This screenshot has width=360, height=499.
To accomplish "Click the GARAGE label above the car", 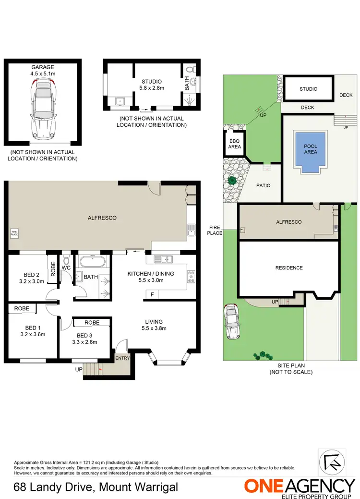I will click(43, 67).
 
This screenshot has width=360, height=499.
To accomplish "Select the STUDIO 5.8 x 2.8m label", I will click(152, 85).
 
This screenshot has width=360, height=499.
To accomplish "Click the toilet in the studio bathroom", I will click(192, 71).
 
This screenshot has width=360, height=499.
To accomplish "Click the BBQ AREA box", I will click(234, 143).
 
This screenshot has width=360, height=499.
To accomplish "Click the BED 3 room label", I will click(84, 335).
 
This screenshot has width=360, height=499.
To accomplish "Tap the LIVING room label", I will click(154, 322).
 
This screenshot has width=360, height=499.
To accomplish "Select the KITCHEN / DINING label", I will click(150, 274).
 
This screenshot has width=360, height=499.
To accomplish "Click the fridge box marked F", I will click(152, 294).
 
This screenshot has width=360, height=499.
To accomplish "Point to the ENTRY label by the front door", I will click(122, 358).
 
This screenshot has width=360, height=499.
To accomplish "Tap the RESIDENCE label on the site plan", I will click(289, 268).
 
